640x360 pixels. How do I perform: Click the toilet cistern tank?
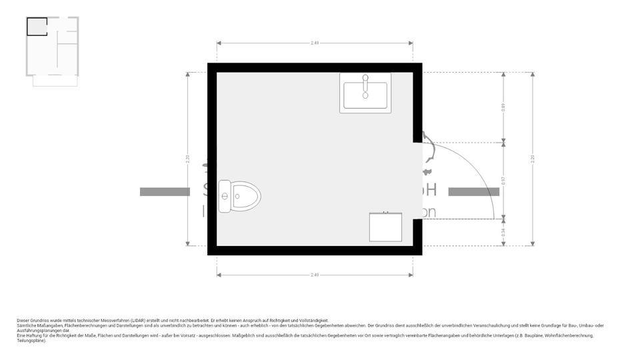(224, 196)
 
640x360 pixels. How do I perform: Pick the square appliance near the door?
(386, 227)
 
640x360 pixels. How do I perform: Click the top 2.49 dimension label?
(315, 43)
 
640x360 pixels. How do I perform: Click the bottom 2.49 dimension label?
(315, 275)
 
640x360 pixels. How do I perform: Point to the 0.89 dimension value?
(503, 107)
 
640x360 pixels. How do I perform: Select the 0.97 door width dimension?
(503, 180)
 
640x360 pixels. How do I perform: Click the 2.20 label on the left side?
(187, 158)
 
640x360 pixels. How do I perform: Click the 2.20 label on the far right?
(532, 158)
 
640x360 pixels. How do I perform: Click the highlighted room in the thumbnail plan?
(37, 27)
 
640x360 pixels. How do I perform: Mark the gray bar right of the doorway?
(473, 192)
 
